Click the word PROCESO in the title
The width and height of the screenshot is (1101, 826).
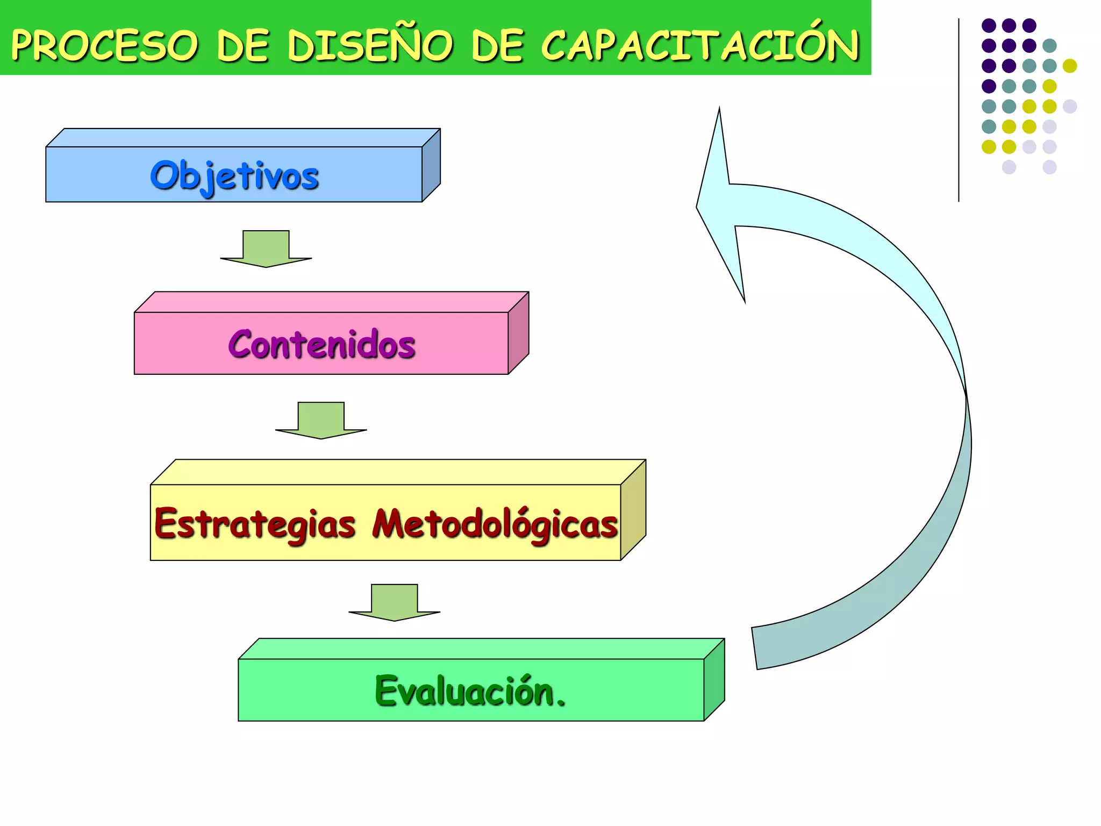105,45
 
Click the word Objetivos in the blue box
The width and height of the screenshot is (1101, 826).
234,176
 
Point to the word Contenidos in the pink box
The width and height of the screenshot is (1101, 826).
321,344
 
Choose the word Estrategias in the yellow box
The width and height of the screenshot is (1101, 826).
254,524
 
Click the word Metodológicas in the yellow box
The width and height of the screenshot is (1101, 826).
495,524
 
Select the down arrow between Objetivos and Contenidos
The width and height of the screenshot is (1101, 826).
266,250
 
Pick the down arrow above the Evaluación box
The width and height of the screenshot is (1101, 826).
394,603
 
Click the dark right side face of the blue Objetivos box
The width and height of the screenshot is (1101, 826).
431,165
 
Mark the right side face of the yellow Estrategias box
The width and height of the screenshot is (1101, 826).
633,510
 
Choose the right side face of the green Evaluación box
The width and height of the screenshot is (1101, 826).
714,680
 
